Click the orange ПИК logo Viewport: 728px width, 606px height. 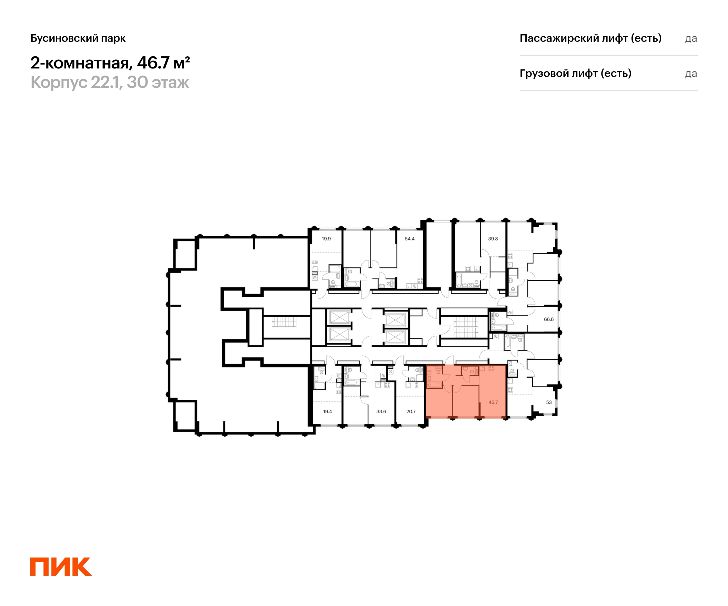61,567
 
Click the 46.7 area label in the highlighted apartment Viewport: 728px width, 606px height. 493,402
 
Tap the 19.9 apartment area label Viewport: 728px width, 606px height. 326,238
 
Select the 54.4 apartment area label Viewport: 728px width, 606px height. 409,238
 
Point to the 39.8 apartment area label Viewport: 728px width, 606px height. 493,238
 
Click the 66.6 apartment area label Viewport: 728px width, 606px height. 549,319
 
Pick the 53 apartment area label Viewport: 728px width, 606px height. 549,402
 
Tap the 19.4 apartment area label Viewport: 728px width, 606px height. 327,411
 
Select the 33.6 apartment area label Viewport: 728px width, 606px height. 381,411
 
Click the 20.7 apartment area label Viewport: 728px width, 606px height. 411,411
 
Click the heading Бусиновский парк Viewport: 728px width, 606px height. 78,38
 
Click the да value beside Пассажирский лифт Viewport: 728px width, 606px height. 691,39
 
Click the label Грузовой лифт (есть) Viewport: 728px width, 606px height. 575,73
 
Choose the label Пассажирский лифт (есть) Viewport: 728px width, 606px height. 591,38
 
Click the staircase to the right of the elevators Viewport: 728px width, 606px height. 466,328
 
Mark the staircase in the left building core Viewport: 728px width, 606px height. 284,321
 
